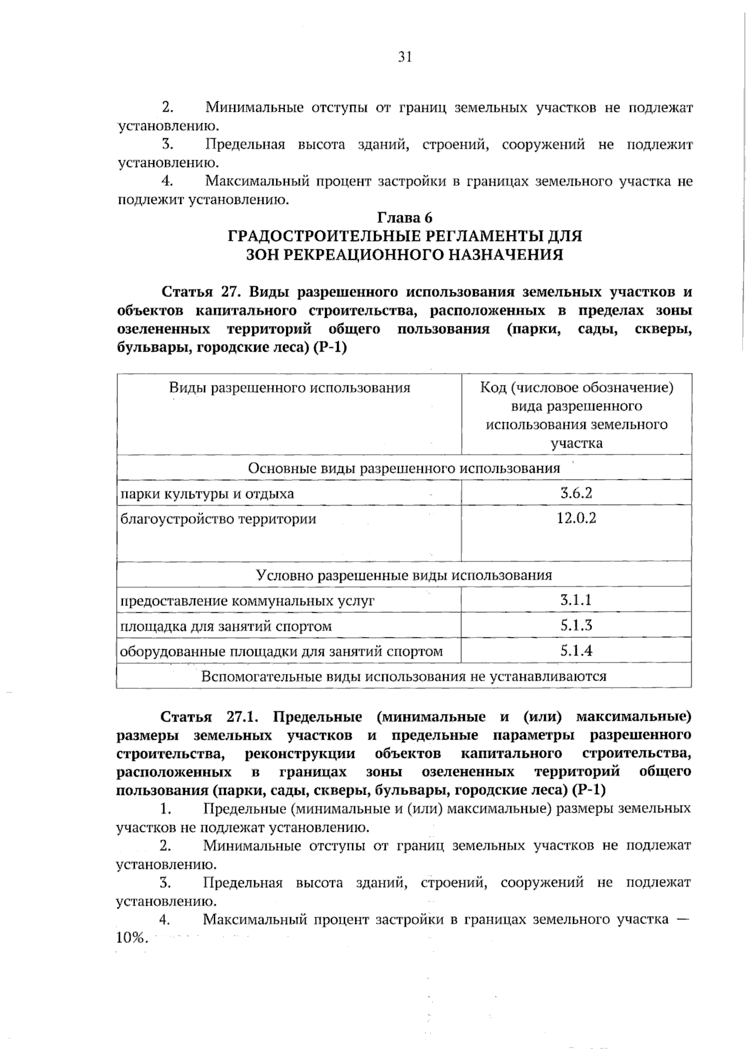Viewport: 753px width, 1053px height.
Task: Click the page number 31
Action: (x=405, y=57)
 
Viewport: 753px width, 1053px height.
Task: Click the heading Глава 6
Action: (x=405, y=218)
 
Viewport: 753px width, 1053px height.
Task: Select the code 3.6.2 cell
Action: (x=576, y=493)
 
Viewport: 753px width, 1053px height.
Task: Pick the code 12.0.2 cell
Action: (x=576, y=519)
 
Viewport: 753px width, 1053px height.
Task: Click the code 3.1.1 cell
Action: (x=576, y=600)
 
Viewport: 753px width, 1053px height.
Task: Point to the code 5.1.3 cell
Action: (x=576, y=625)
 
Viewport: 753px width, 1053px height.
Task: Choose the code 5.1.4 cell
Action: (x=576, y=651)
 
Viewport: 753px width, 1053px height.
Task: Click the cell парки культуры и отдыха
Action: (x=207, y=494)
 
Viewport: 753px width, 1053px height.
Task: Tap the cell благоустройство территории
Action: (x=218, y=519)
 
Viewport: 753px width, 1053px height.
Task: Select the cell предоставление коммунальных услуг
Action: (x=247, y=601)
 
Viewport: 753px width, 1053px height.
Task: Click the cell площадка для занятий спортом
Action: (x=226, y=626)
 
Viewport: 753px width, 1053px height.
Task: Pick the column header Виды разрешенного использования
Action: (x=289, y=387)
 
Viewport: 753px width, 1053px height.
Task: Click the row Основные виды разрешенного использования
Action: (x=404, y=468)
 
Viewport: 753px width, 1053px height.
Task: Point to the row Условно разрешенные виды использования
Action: (x=404, y=575)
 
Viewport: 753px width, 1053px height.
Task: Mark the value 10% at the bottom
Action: (x=131, y=938)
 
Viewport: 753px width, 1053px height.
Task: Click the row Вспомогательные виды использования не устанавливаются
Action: (x=404, y=676)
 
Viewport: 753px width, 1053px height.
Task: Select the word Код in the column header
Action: (x=493, y=387)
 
